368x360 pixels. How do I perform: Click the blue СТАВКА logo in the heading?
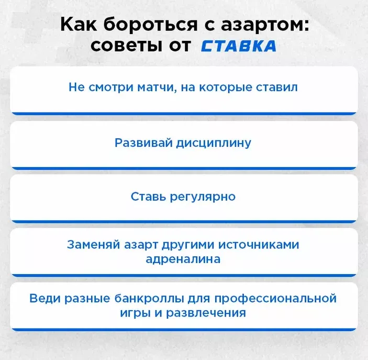point(238,46)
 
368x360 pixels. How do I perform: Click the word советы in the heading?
point(125,46)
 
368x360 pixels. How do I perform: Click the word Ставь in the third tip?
point(148,197)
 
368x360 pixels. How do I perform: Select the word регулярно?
point(202,197)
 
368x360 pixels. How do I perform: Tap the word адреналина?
point(183,258)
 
